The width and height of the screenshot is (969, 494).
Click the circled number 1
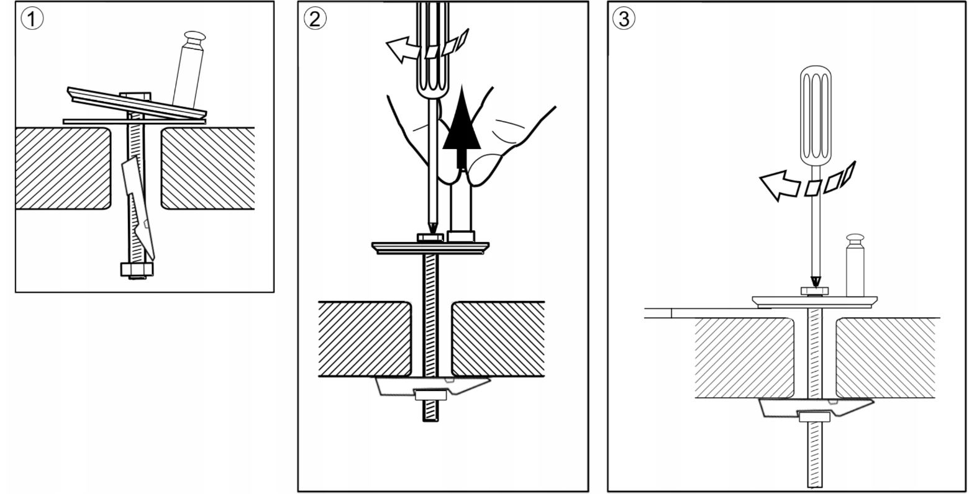click(32, 19)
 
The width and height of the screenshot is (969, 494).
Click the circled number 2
click(314, 19)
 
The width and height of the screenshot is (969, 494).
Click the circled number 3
click(623, 19)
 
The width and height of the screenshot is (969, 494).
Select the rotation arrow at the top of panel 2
click(404, 48)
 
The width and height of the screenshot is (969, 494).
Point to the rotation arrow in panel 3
click(780, 185)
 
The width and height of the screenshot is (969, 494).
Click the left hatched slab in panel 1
click(62, 168)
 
